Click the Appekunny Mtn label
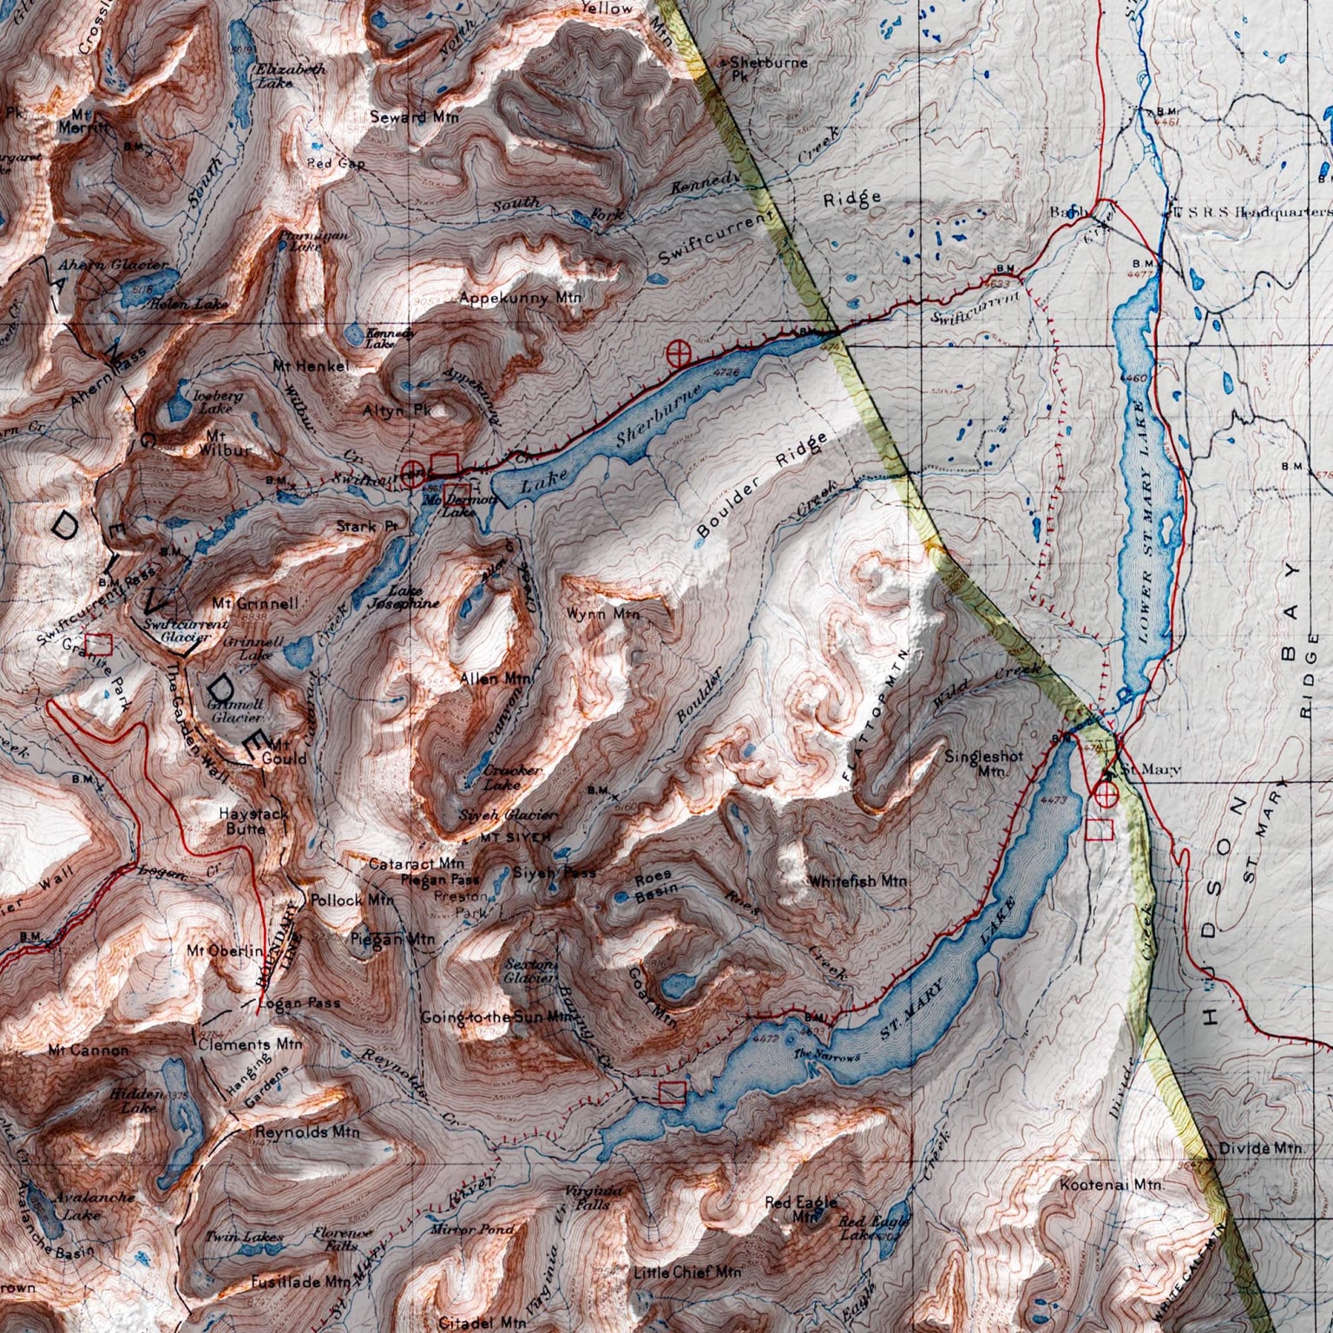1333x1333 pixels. (x=520, y=299)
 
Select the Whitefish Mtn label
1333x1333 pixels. (x=857, y=881)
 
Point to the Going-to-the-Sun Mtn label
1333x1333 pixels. (x=493, y=1017)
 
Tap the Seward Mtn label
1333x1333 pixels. (x=413, y=116)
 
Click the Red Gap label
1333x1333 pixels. (x=336, y=163)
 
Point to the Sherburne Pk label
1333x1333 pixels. (x=764, y=69)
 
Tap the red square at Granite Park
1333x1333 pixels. (x=101, y=643)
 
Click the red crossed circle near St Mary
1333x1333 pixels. (x=1104, y=793)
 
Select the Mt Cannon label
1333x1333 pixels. (x=88, y=1050)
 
